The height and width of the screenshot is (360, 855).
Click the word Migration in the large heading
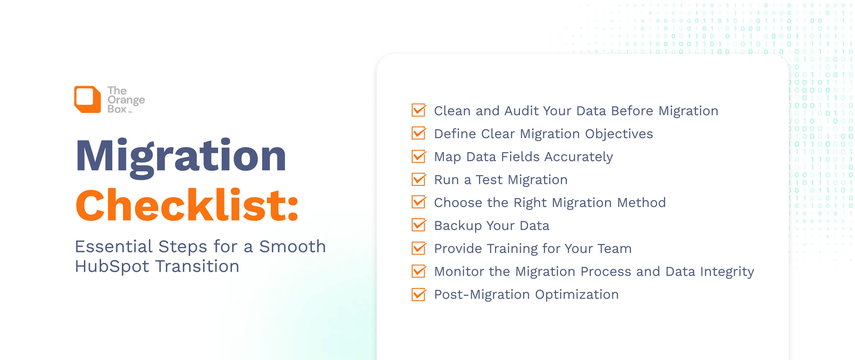point(181,156)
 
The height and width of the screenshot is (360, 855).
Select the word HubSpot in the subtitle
point(112,266)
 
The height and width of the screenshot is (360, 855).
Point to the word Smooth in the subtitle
point(292,247)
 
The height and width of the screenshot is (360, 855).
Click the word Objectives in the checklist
point(619,134)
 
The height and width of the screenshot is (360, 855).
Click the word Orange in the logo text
point(126,100)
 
